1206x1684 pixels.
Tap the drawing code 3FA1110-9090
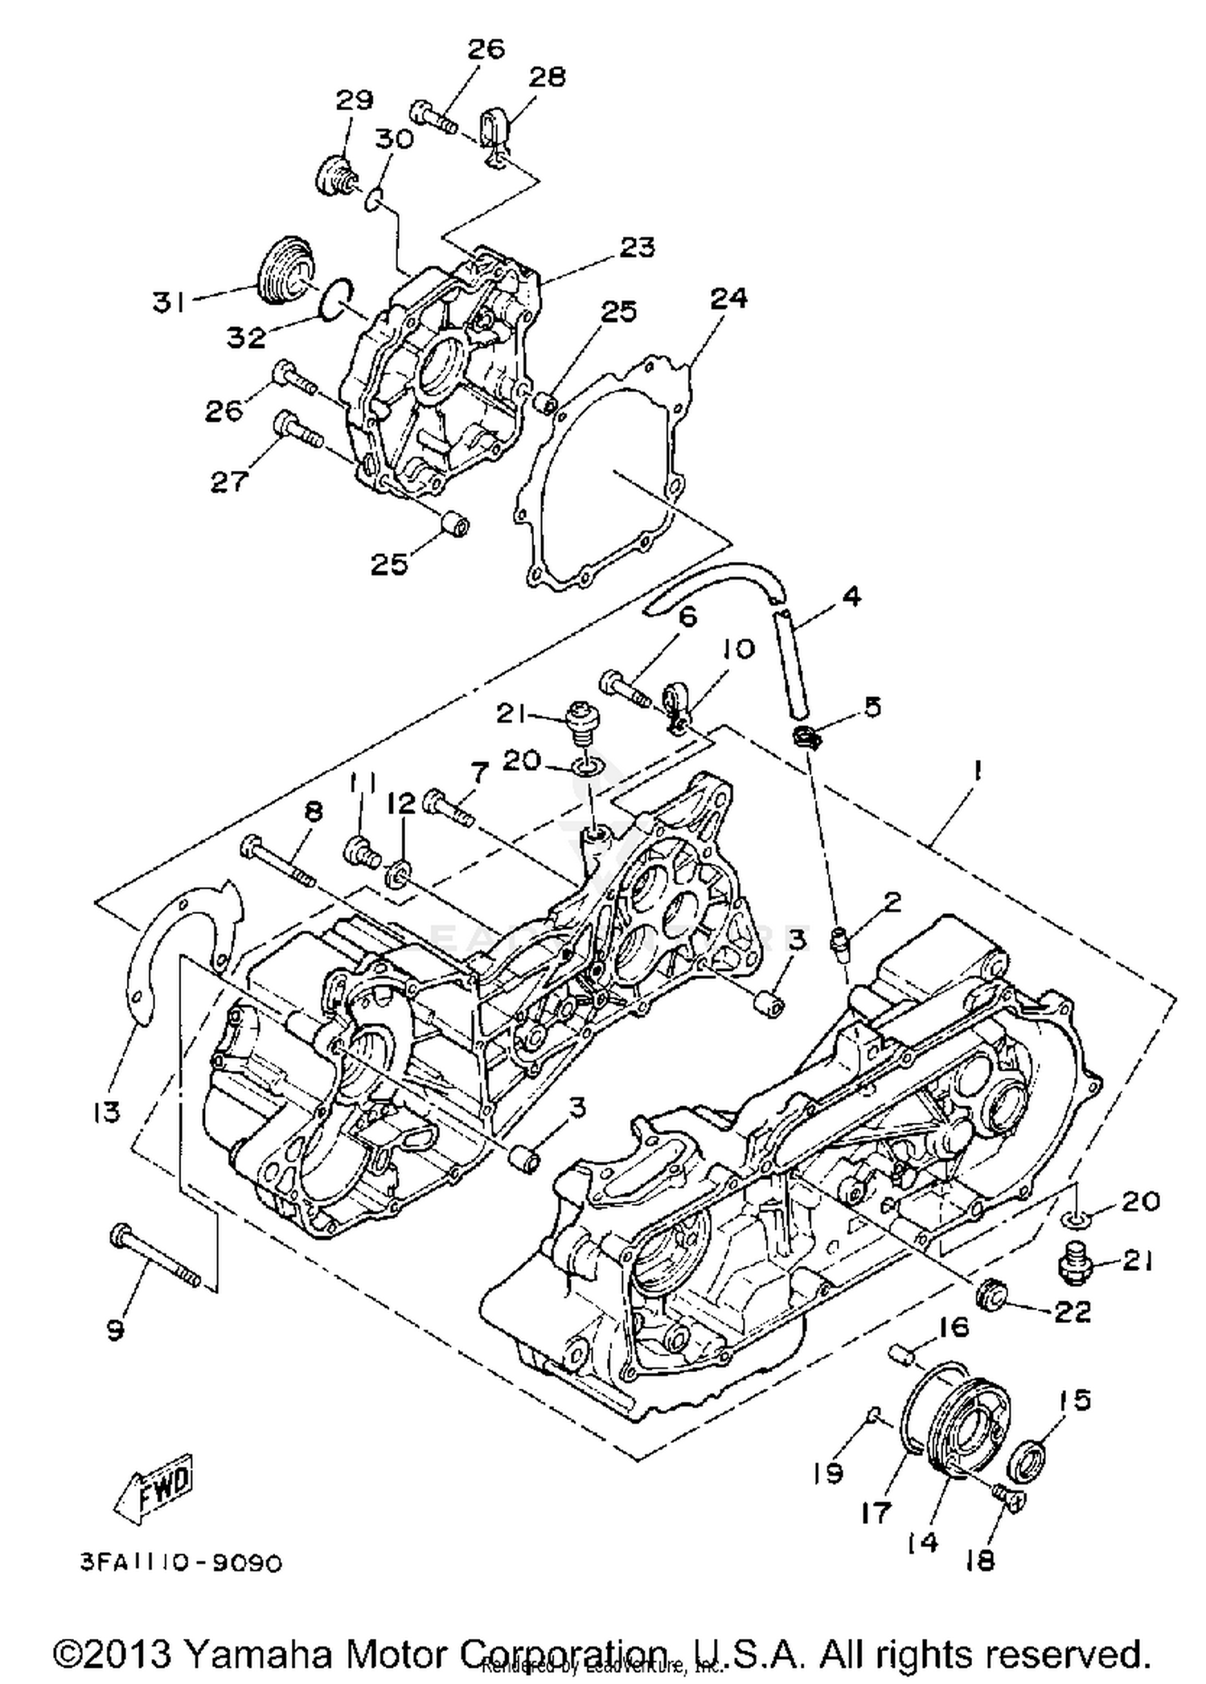[183, 1562]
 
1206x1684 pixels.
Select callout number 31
[170, 302]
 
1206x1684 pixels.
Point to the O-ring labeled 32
[334, 298]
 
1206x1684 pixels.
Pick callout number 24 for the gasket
[728, 298]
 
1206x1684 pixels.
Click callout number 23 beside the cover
[637, 247]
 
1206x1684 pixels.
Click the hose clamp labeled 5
[806, 735]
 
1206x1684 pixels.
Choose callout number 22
[1072, 1313]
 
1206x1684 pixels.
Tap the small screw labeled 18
[1007, 1493]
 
